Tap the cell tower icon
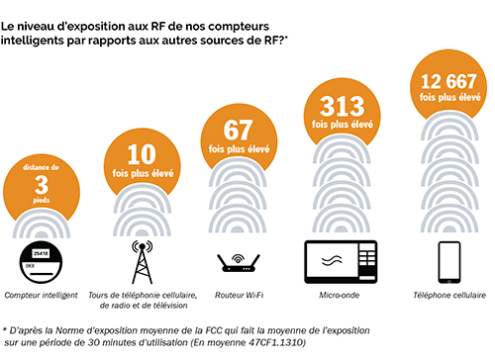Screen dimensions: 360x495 (x=141, y=261)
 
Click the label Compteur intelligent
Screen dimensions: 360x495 (x=43, y=296)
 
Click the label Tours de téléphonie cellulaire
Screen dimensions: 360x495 (x=148, y=296)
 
